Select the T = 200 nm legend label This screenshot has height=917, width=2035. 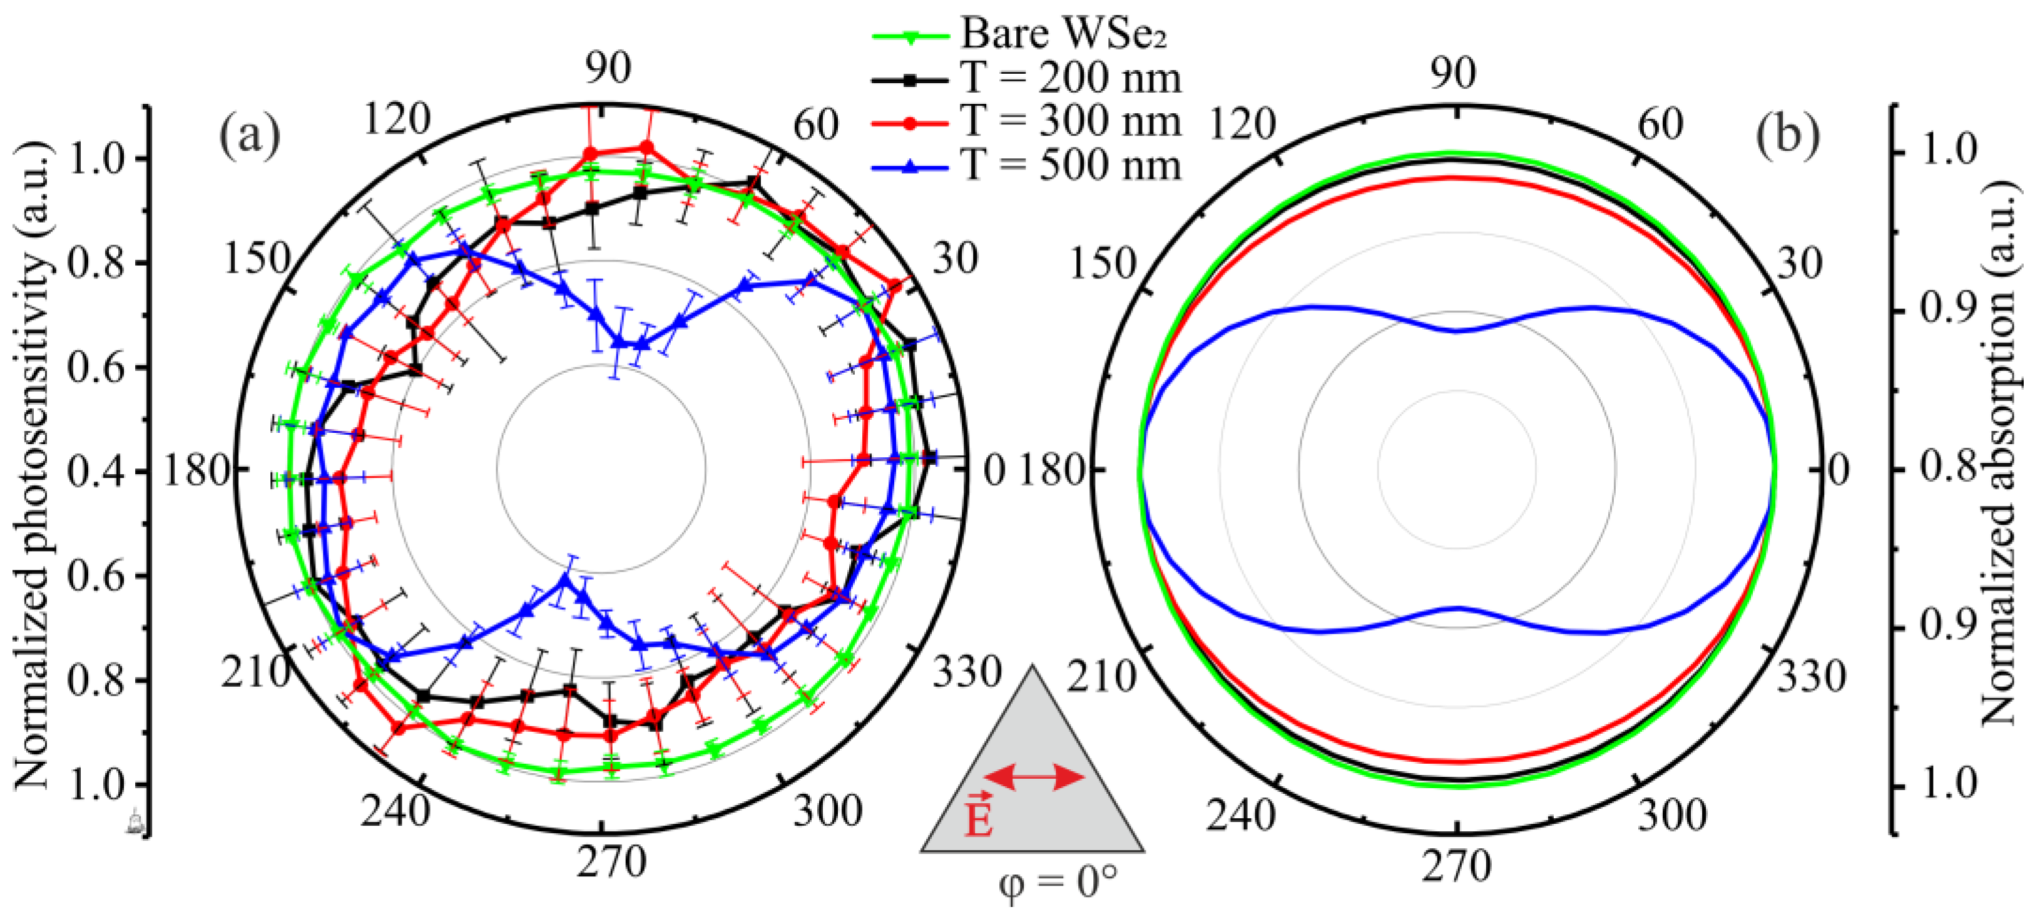(1071, 78)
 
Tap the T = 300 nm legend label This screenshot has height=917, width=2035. (1071, 121)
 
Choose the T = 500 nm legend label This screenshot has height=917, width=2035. (1071, 166)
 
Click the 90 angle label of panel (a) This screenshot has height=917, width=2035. (608, 68)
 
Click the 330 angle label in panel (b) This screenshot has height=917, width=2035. (1810, 677)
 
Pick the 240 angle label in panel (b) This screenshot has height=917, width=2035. (1240, 814)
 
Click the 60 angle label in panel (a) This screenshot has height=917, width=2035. (815, 125)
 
